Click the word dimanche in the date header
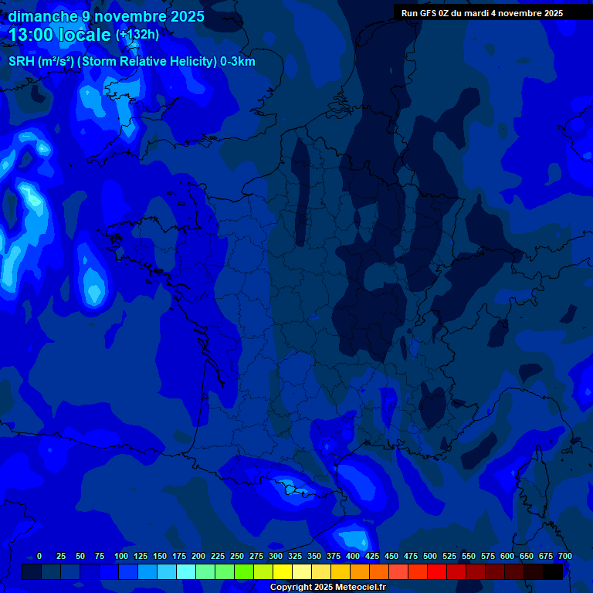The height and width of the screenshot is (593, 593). pyautogui.click(x=42, y=16)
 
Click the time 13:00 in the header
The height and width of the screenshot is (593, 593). pyautogui.click(x=36, y=36)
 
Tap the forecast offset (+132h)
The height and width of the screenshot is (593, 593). pyautogui.click(x=137, y=35)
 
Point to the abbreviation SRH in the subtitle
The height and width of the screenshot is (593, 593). pyautogui.click(x=21, y=62)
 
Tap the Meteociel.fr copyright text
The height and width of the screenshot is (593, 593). pyautogui.click(x=327, y=588)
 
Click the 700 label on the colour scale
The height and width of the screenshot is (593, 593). pyautogui.click(x=564, y=556)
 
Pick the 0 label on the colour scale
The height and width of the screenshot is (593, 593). pyautogui.click(x=39, y=556)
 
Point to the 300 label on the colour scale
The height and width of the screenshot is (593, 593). pyautogui.click(x=276, y=556)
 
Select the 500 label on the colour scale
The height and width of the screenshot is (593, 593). pyautogui.click(x=430, y=556)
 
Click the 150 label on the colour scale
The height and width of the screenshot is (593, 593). pyautogui.click(x=160, y=556)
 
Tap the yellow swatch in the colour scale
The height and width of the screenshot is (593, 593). pyautogui.click(x=283, y=571)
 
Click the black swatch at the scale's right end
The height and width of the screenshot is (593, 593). pyautogui.click(x=553, y=571)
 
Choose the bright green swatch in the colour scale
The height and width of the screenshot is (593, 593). pyautogui.click(x=244, y=571)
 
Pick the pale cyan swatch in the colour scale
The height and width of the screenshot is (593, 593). pyautogui.click(x=186, y=571)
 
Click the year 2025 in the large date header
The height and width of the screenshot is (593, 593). pyautogui.click(x=185, y=16)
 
